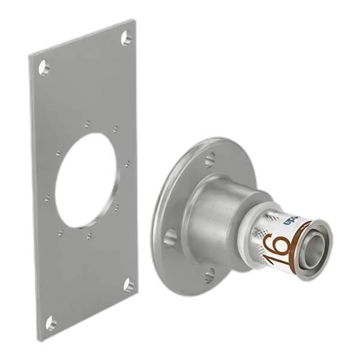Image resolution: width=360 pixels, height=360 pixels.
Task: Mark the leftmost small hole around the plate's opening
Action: click(x=47, y=196)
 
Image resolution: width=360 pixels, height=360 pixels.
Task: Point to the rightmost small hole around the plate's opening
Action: click(x=127, y=163)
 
